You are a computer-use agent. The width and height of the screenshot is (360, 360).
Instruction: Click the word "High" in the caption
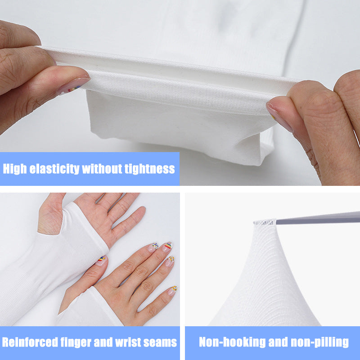pos(15,169)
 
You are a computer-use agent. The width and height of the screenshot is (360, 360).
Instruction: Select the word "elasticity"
pos(54,169)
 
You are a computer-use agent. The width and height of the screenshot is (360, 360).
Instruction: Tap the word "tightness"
pos(150,169)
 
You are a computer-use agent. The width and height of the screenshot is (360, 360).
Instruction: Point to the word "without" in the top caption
pos(102,169)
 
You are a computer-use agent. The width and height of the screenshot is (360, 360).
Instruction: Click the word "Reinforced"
pos(30,342)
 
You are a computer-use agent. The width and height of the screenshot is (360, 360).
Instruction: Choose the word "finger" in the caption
pos(76,342)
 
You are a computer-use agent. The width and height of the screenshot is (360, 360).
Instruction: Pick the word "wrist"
pos(129,342)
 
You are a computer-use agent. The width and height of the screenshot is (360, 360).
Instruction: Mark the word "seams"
pos(160,342)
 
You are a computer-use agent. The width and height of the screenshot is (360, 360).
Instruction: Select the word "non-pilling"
pos(320,342)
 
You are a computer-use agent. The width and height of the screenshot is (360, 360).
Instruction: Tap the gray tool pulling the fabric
pos(318,218)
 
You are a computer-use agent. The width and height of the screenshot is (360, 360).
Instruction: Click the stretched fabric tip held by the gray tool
pos(265,222)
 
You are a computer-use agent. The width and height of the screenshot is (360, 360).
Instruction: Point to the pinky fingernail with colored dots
pos(172,290)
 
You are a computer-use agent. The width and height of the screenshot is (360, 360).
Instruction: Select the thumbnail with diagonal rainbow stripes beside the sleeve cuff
pos(101,261)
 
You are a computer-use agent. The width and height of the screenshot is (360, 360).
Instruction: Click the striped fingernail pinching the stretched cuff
pos(73,86)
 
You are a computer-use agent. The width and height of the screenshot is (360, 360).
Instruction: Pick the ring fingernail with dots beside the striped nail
pos(170,261)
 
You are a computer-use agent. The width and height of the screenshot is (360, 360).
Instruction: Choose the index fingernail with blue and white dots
pos(153,247)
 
